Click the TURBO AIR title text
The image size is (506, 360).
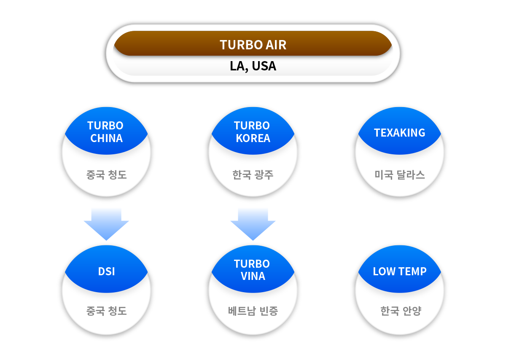pos(253,45)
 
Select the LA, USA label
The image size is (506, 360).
pos(253,66)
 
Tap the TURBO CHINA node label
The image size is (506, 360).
pos(106,132)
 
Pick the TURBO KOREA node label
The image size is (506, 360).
pos(253,132)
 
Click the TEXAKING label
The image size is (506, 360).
pos(399,133)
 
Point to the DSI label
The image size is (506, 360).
pos(106,271)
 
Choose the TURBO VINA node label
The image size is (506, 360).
pos(253,270)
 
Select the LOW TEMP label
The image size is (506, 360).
pos(399,271)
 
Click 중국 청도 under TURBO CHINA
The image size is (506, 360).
pos(106,175)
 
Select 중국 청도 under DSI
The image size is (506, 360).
pos(106,312)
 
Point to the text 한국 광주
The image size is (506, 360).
pos(253,175)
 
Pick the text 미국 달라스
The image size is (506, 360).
pos(399,175)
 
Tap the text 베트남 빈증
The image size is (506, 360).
pos(253,312)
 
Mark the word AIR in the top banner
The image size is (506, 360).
pos(276,45)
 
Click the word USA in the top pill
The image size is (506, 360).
pos(264,66)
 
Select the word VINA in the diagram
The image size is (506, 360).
pos(253,277)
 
